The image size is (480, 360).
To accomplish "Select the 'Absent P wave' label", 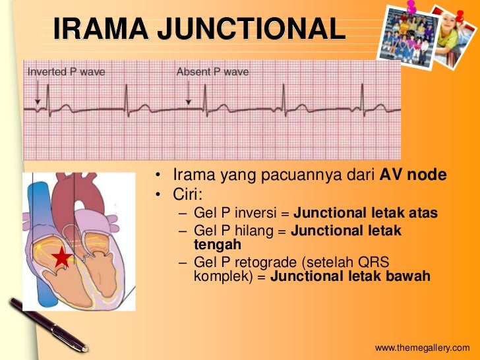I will coord(212,72).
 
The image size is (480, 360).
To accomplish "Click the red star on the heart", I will coord(61,257).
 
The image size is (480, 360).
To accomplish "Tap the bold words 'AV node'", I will coord(413,176).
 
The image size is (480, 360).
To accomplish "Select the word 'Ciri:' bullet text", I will coord(188,195).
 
